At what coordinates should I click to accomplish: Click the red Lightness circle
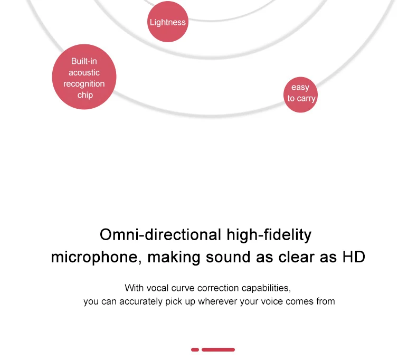[x=168, y=22]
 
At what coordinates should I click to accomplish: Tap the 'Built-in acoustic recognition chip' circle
[x=84, y=77]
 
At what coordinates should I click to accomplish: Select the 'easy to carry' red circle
[x=300, y=94]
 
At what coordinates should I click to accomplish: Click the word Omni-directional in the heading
[x=160, y=235]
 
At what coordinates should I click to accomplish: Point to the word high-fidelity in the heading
[x=269, y=235]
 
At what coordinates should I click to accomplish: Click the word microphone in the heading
[x=94, y=258]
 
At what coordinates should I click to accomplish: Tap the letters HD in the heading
[x=354, y=257]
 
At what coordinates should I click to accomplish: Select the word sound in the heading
[x=228, y=257]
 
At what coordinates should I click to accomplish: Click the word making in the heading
[x=174, y=258]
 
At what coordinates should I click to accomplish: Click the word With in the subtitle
[x=134, y=288]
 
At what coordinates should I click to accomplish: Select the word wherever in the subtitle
[x=217, y=301]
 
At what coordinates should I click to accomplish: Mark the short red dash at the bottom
[x=195, y=349]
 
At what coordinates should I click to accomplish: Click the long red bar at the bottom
[x=218, y=349]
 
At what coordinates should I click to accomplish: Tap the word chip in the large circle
[x=85, y=95]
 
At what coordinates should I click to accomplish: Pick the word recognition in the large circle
[x=84, y=84]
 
